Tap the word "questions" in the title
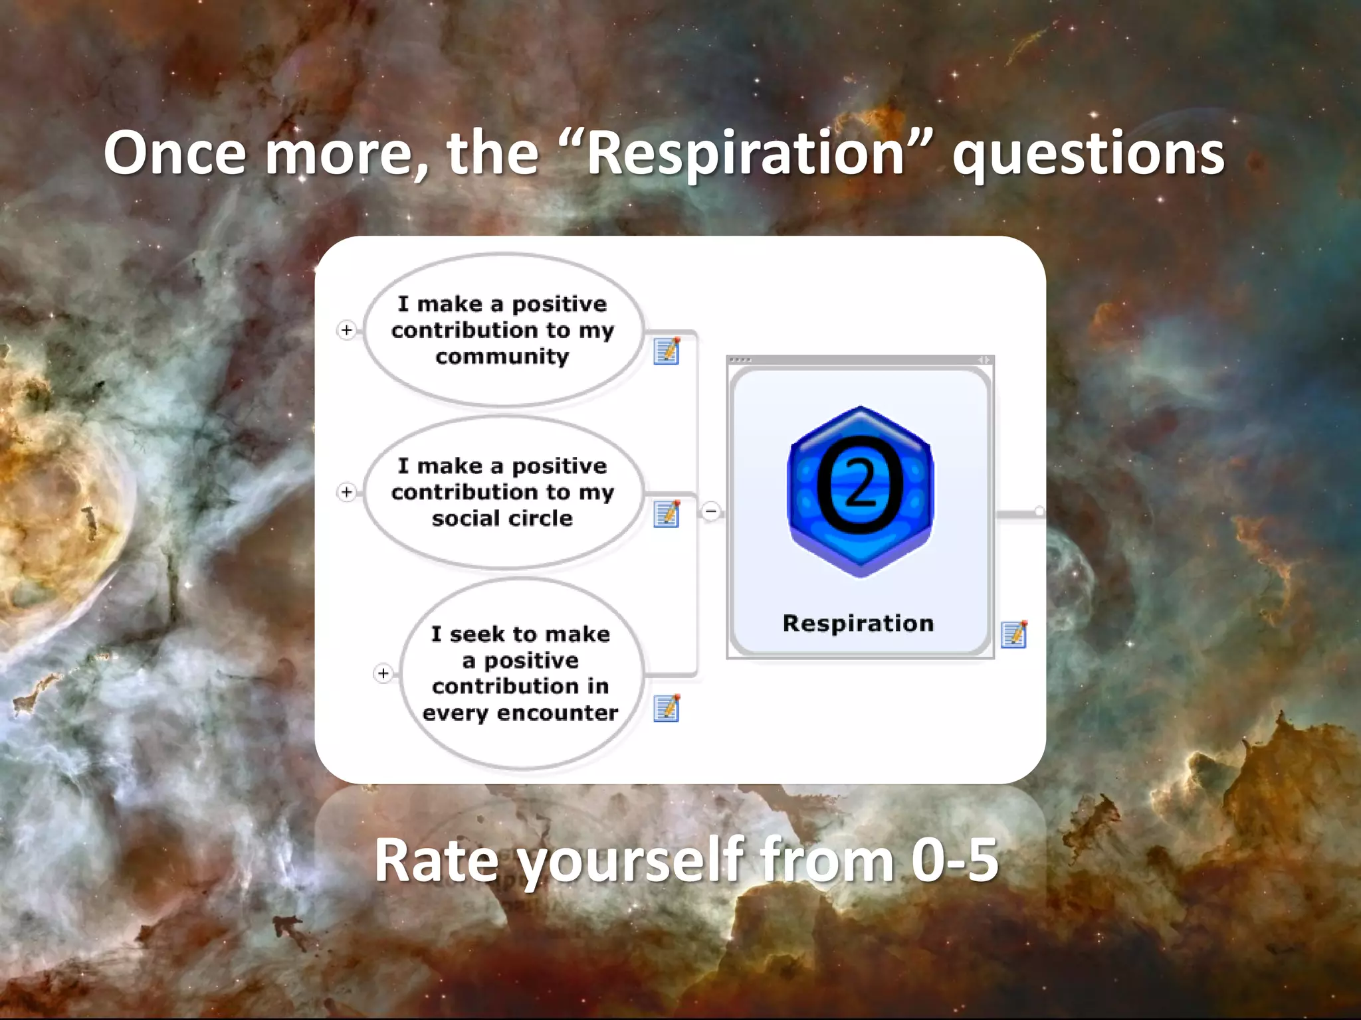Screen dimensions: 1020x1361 pos(1088,154)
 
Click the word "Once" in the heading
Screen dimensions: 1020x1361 pos(175,154)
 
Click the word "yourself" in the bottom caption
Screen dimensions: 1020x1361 pos(632,862)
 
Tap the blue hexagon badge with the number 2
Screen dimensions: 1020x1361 pos(860,491)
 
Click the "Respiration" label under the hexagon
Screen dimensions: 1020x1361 pos(858,623)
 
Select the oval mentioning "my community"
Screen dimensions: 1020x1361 pos(503,330)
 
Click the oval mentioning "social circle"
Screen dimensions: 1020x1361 pos(503,492)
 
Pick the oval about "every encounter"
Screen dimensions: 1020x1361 pos(521,673)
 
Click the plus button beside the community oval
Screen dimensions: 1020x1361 pos(346,330)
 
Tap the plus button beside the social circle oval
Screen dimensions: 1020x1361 pos(346,492)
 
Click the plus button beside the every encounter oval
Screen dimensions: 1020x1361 pos(383,673)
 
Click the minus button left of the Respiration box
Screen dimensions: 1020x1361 pos(711,511)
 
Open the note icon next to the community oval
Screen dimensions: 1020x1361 pos(667,351)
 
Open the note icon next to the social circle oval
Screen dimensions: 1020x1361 pos(667,514)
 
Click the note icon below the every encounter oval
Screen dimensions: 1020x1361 pos(667,708)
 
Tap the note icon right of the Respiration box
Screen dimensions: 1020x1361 pos(1014,634)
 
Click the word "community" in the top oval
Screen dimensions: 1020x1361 pos(502,357)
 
